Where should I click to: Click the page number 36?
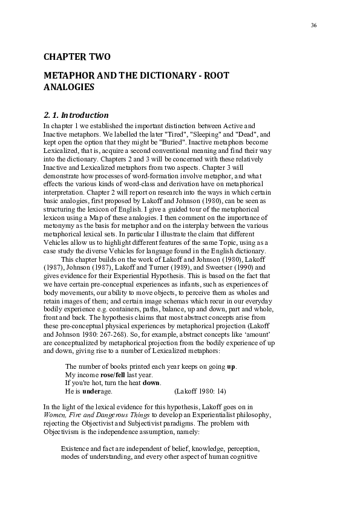(313, 25)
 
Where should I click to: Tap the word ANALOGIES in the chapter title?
(69, 88)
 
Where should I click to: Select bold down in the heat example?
(152, 383)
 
